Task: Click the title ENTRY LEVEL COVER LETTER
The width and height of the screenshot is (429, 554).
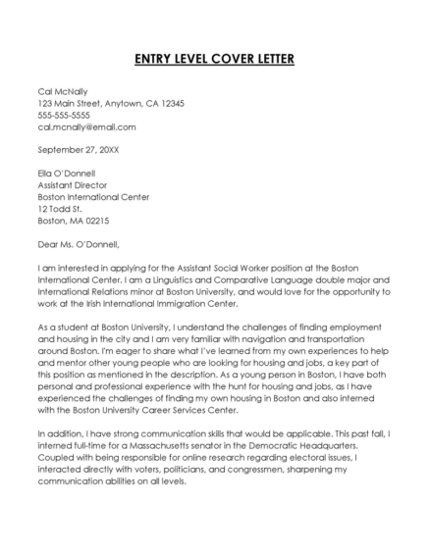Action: click(x=214, y=59)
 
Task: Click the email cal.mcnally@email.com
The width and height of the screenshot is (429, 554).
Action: click(x=86, y=126)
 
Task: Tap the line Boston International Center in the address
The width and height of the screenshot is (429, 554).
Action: click(x=93, y=197)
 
